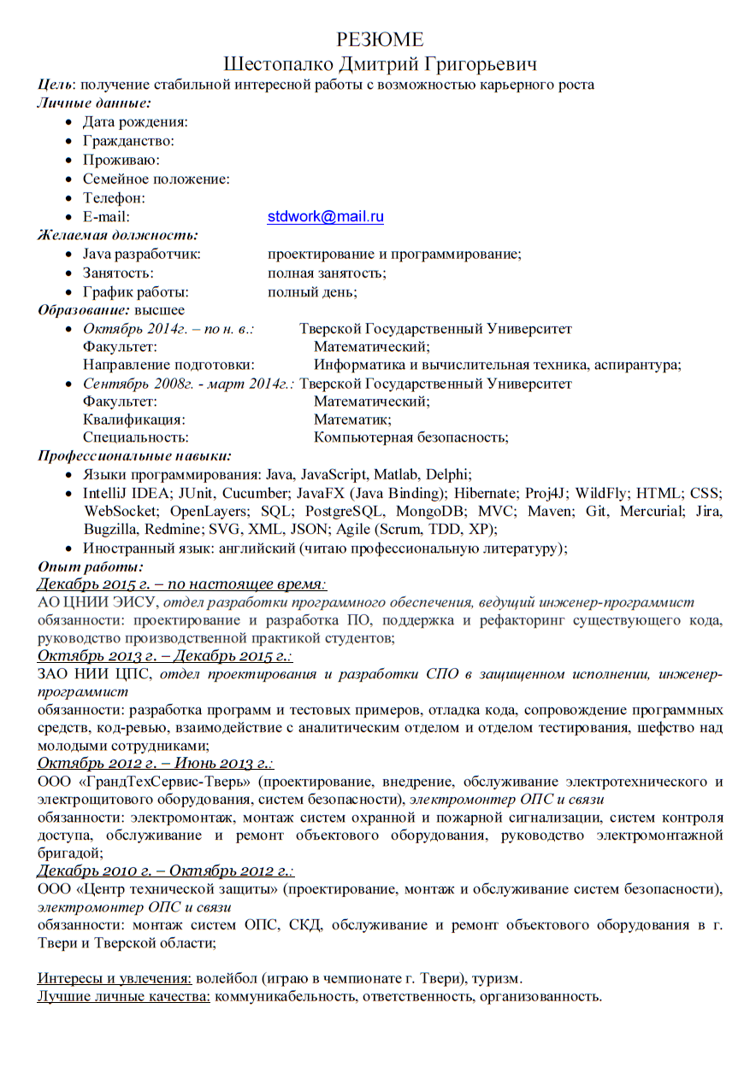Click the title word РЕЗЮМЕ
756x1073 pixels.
[379, 39]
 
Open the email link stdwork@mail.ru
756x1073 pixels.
[325, 217]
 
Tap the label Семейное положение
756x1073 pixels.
[156, 179]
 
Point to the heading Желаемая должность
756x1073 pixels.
[118, 234]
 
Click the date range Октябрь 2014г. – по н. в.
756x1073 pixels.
[168, 329]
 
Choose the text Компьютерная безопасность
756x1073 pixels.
[410, 437]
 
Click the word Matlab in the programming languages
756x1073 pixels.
[397, 474]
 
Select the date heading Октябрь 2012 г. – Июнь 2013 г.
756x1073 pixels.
[156, 764]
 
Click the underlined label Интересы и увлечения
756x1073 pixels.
[115, 977]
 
